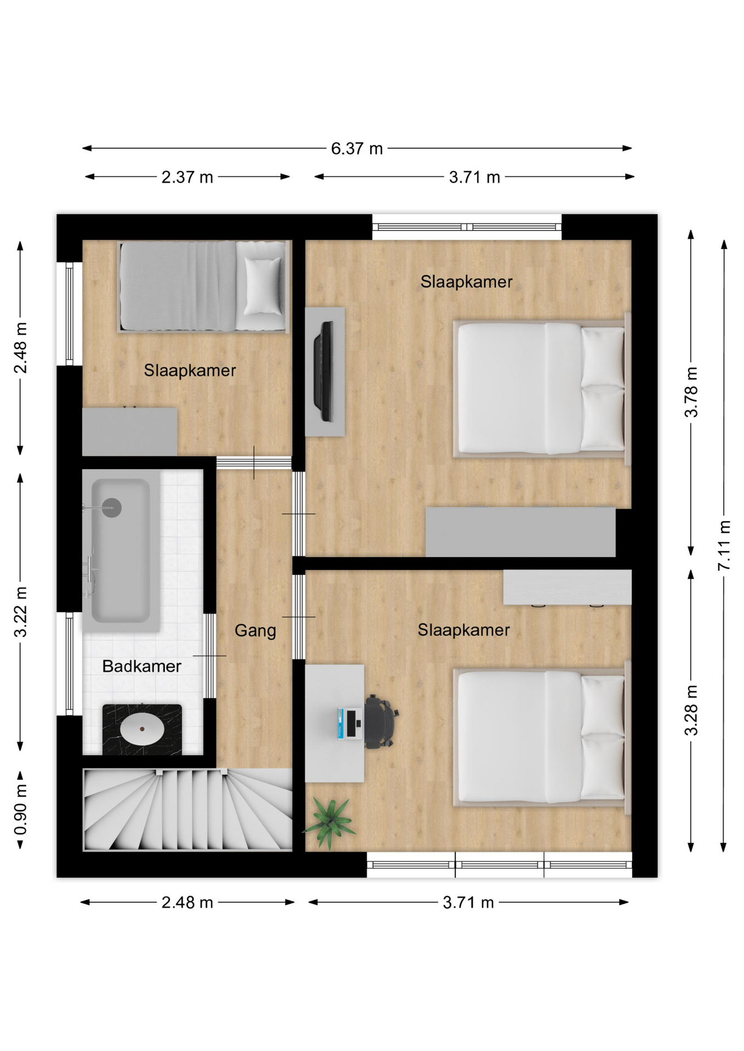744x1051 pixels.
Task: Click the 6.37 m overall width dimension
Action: coord(357,148)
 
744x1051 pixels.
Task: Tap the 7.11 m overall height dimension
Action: coord(724,545)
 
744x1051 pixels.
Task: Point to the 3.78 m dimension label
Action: coord(691,392)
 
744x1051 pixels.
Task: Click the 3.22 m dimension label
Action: coord(20,612)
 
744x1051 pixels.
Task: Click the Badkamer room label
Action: coord(141,666)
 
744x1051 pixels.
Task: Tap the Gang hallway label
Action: coord(255,631)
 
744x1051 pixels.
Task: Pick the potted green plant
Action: coord(329,822)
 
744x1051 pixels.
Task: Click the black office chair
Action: coord(381,721)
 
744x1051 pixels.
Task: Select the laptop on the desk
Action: coord(350,723)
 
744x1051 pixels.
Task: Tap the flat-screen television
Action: coord(324,371)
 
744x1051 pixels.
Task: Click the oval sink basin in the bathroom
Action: coord(142,729)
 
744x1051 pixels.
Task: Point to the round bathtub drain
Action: coord(112,508)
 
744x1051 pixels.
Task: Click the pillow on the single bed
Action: coord(262,286)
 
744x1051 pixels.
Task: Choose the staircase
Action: coord(187,810)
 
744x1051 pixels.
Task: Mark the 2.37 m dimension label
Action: coord(187,177)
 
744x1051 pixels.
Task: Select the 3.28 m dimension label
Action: coord(691,709)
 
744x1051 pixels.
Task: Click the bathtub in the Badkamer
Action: coord(121,550)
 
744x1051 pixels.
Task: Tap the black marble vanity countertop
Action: coord(142,730)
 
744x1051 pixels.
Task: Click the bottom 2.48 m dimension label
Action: coord(187,902)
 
